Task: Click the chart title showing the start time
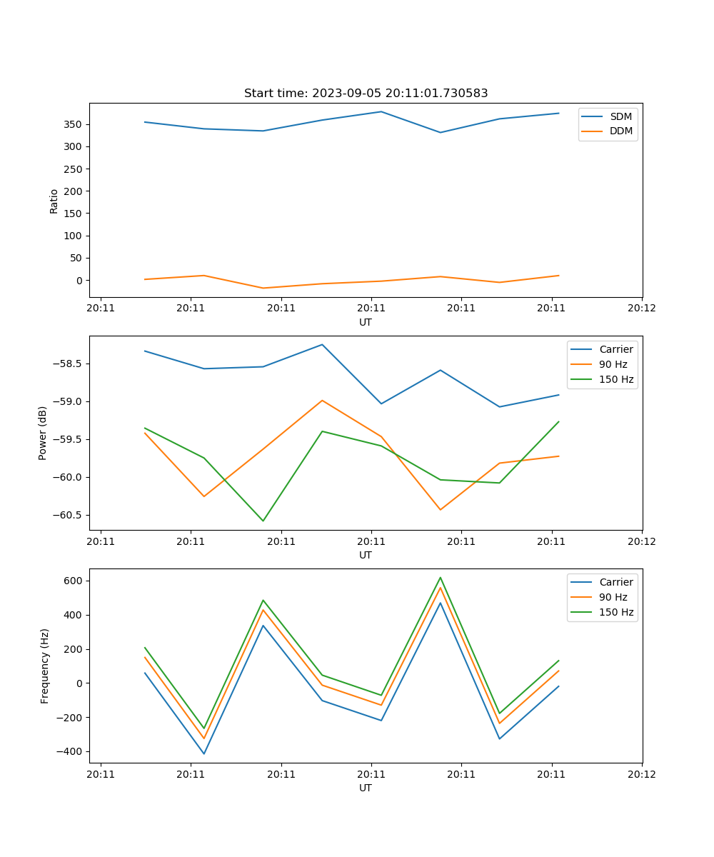(366, 94)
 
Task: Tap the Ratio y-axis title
(54, 201)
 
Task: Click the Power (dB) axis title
(43, 433)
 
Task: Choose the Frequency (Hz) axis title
(45, 666)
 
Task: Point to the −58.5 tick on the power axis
(66, 364)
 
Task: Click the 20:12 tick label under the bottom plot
(641, 773)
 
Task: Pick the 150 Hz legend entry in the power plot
(615, 379)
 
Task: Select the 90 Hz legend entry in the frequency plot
(613, 597)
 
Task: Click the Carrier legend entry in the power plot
(615, 349)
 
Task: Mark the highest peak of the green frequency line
(441, 578)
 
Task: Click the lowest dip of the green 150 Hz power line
(263, 521)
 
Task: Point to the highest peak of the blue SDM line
(381, 111)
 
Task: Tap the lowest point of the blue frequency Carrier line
(204, 753)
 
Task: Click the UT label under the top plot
(366, 322)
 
